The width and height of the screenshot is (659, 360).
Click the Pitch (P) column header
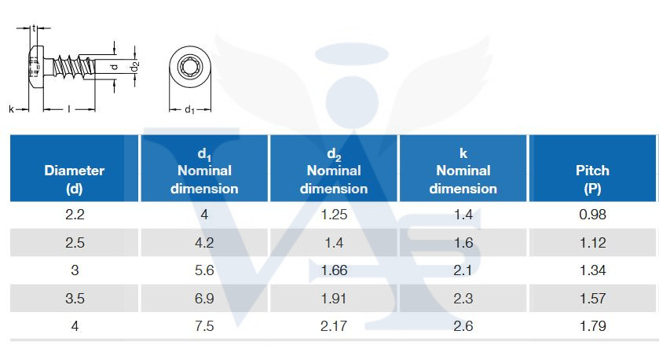592,179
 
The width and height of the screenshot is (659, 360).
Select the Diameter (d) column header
74,179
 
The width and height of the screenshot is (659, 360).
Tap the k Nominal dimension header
463,171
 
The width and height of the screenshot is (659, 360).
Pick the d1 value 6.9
204,298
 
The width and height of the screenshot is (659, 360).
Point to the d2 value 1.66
334,270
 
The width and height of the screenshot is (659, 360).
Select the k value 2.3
463,298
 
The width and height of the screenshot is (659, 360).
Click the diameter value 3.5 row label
75,298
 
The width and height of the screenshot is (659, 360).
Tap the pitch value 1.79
592,325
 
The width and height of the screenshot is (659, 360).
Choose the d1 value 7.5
204,325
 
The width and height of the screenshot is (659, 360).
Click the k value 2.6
463,325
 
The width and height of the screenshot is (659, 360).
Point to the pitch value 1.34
592,270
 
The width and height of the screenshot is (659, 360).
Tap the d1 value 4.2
204,243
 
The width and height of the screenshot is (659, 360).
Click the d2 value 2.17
334,325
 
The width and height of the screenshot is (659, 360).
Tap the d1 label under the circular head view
189,110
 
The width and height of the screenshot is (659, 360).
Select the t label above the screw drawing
35,28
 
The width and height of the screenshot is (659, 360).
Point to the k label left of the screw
12,109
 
